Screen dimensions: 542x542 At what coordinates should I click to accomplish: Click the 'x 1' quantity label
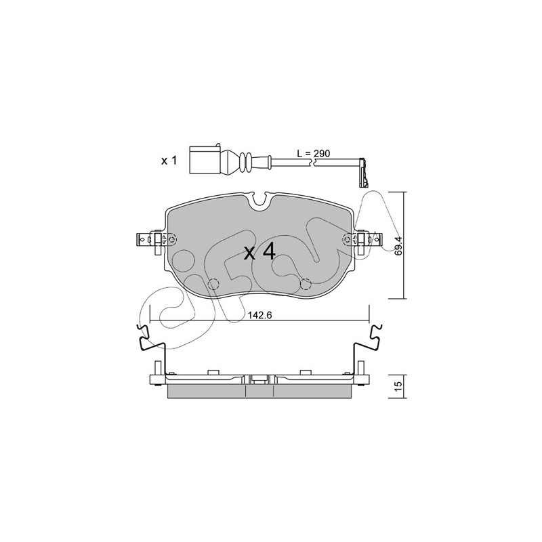[x=169, y=161]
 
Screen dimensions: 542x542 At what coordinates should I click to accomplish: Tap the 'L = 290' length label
[x=314, y=153]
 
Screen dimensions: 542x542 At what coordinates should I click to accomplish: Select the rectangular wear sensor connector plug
[x=205, y=160]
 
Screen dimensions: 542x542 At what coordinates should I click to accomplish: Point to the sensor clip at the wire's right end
[x=363, y=173]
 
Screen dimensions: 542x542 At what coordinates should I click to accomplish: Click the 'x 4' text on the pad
[x=260, y=251]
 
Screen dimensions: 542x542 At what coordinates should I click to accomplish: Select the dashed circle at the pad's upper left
[x=171, y=239]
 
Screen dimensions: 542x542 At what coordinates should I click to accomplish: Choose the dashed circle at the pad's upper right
[x=348, y=239]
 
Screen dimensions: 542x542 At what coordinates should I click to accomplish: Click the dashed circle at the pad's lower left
[x=213, y=284]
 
